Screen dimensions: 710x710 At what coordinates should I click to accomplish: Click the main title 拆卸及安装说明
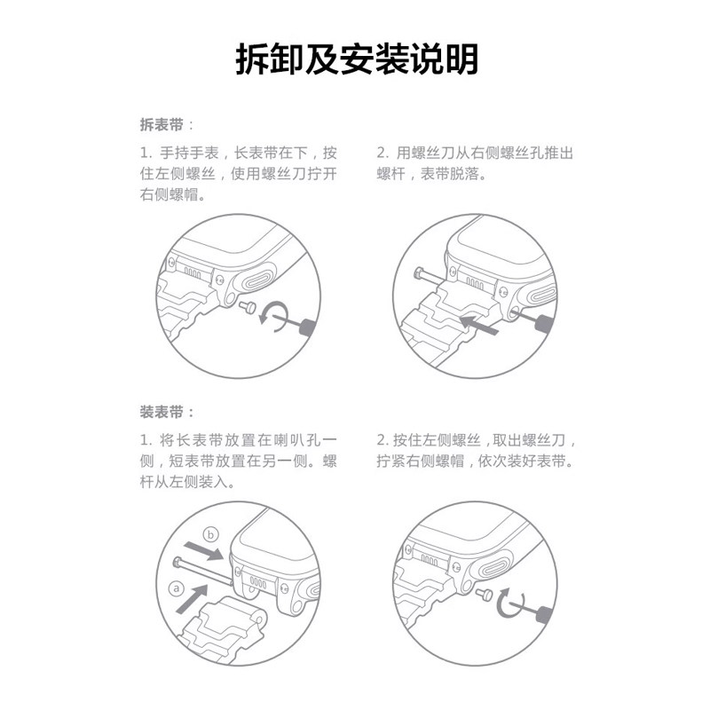tap(355, 60)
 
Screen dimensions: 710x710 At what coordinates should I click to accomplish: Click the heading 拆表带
tap(161, 124)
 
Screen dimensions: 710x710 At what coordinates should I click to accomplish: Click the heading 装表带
tap(161, 412)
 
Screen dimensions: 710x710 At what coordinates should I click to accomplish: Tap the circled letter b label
tap(210, 534)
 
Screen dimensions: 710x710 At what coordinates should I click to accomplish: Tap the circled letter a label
tap(176, 588)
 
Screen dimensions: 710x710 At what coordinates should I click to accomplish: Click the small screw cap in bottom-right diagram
tap(485, 593)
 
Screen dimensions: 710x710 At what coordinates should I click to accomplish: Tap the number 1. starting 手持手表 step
tap(146, 153)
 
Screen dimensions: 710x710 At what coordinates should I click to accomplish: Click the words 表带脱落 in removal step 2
tap(452, 174)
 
